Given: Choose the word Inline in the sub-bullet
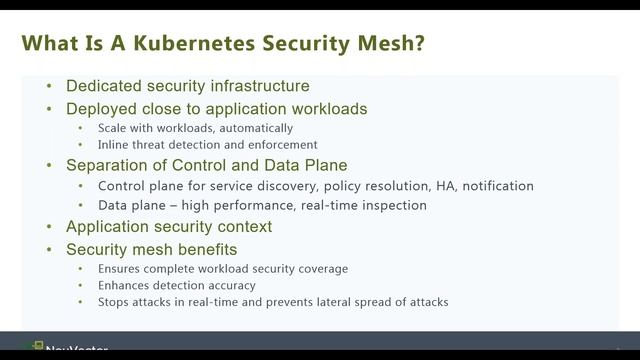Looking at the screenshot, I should click(x=113, y=145).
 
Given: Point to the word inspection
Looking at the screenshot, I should click(x=392, y=205).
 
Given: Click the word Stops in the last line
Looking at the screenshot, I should click(x=115, y=301).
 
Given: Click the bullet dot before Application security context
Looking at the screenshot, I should click(x=50, y=227).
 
